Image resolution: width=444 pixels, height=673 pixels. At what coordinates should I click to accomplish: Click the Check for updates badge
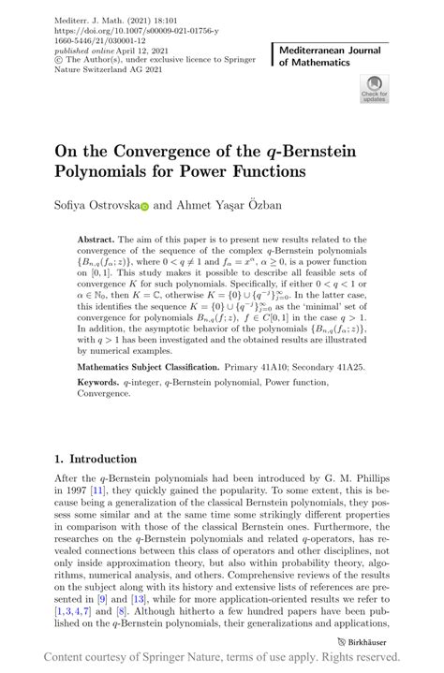point(374,90)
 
